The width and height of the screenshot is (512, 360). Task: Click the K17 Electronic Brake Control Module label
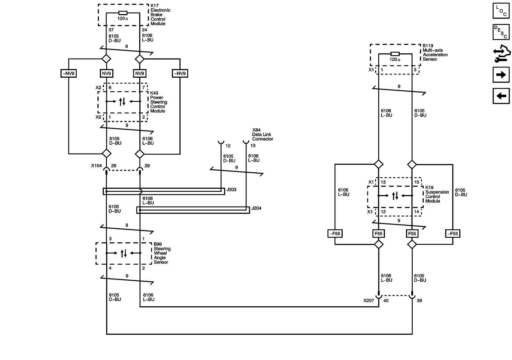pos(160,15)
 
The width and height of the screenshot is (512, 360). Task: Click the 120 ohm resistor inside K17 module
pos(123,13)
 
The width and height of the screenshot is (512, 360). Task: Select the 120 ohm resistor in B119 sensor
pos(395,54)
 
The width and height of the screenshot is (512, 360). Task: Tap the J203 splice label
pos(231,190)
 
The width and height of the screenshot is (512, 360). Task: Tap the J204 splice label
pos(256,208)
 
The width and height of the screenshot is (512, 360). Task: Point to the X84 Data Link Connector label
pos(262,135)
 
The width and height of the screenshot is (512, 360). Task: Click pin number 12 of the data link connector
pos(228,146)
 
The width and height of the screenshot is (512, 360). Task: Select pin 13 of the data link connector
pos(253,146)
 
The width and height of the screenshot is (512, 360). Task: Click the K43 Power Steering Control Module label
pos(158,102)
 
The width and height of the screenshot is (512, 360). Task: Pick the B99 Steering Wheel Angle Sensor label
pos(162,253)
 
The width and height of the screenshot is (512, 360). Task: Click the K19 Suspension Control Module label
pos(437,194)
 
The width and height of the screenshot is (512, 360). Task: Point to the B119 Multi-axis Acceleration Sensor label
pos(435,52)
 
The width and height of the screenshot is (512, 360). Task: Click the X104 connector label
pos(96,166)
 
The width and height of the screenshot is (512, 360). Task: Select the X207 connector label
pos(369,301)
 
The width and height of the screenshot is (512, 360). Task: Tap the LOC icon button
pos(501,11)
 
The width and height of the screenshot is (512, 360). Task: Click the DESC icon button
pos(501,32)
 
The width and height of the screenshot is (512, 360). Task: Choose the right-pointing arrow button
pos(501,75)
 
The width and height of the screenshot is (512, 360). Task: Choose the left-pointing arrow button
pos(501,96)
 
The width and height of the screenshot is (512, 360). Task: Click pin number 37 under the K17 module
pos(111,30)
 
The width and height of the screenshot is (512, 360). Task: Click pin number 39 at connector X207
pos(419,301)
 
